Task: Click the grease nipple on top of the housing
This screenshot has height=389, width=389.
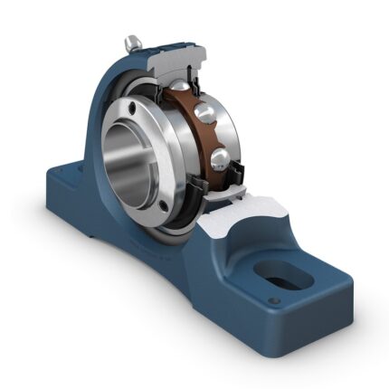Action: click(x=133, y=42)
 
